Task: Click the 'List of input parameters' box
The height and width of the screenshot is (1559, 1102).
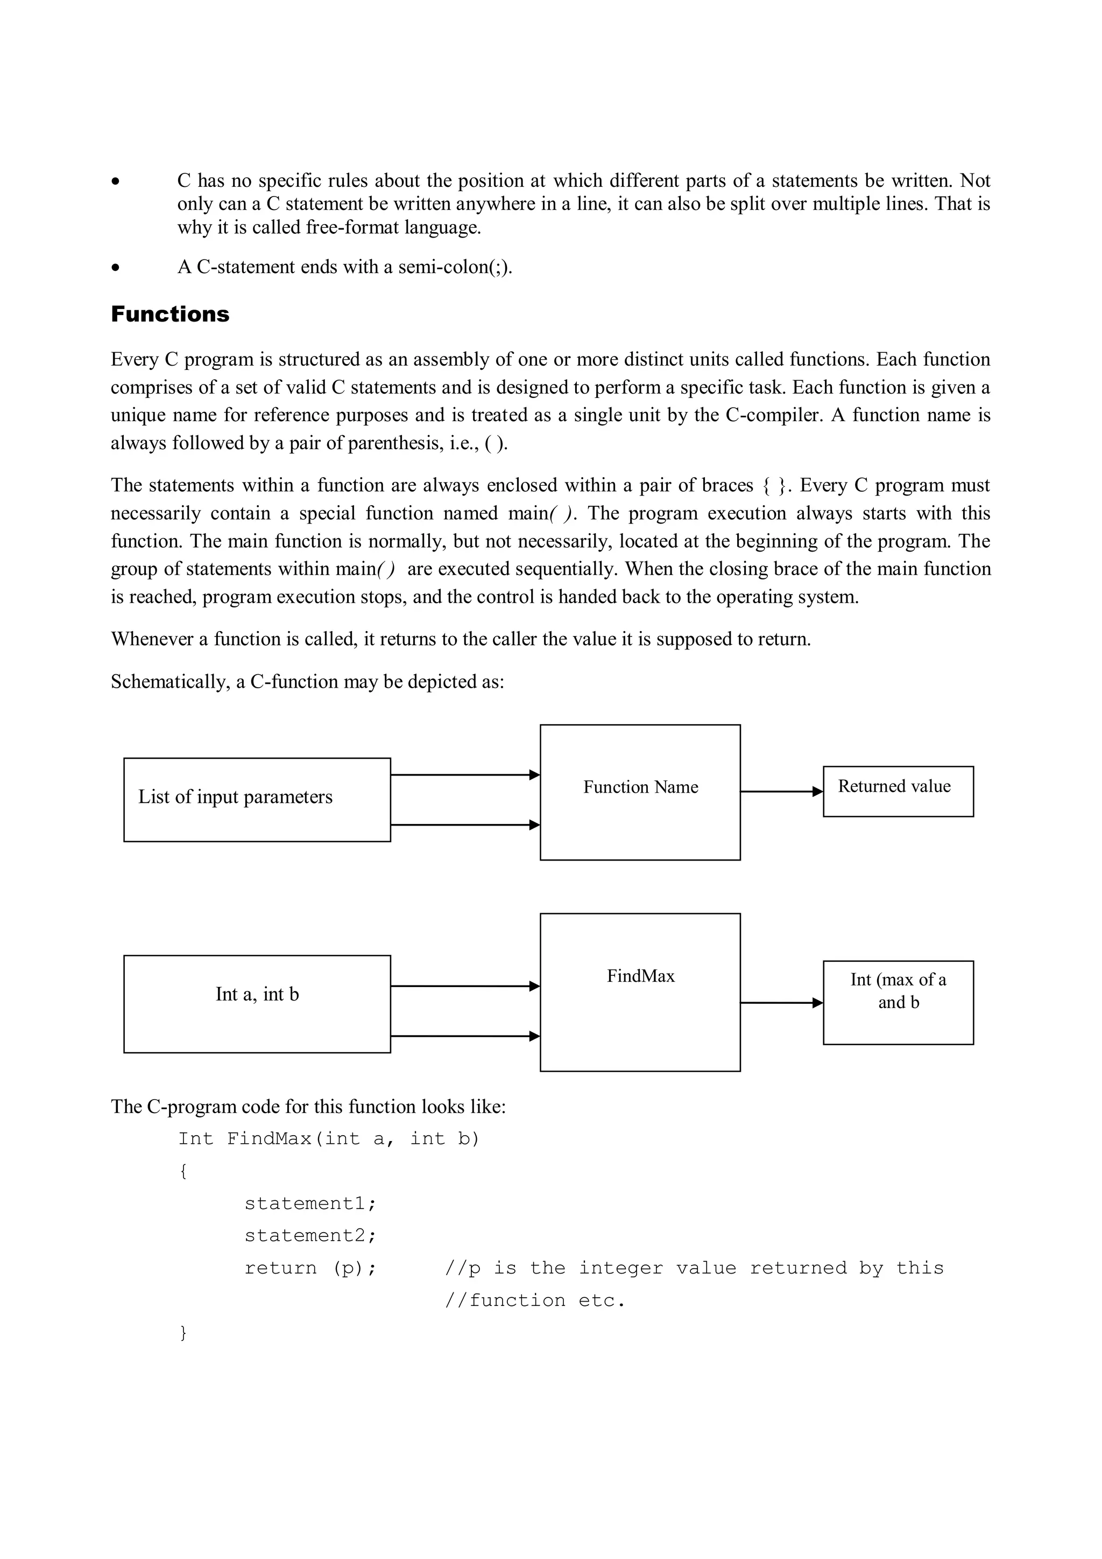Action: point(257,799)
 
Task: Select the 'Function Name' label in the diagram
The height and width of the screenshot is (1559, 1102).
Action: point(640,787)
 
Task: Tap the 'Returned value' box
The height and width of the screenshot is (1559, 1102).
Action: point(897,791)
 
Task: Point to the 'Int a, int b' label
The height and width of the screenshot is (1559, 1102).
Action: point(257,994)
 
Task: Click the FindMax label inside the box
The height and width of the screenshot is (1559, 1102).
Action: point(640,976)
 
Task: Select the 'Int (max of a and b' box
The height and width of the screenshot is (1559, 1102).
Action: point(897,1002)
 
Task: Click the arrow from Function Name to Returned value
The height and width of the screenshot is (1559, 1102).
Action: point(780,792)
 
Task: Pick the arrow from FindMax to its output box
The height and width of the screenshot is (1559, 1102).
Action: point(780,1003)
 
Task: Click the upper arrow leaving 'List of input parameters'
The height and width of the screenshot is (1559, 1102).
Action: point(465,775)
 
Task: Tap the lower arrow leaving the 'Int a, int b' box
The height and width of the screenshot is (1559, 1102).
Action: point(465,1036)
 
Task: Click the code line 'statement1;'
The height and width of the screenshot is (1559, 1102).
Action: point(310,1204)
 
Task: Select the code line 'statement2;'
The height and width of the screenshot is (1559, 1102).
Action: point(310,1236)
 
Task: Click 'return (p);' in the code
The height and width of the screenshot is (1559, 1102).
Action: point(310,1268)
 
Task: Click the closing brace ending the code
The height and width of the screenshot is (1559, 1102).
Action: point(182,1333)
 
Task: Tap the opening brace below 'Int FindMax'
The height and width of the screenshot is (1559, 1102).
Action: point(182,1171)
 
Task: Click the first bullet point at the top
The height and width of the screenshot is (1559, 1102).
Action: point(117,182)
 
